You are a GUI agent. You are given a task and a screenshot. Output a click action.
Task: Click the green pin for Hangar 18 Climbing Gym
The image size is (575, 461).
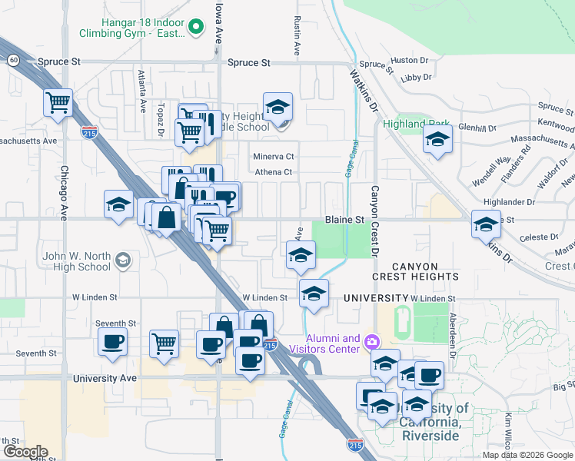(x=195, y=28)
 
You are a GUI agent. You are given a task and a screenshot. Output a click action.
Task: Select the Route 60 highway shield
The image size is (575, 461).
(x=14, y=59)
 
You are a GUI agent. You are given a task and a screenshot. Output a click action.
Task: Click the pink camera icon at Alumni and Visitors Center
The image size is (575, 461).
(x=372, y=341)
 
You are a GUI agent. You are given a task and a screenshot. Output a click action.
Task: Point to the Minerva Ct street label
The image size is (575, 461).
(x=274, y=157)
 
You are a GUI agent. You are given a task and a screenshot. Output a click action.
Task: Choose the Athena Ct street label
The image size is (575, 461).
(x=274, y=172)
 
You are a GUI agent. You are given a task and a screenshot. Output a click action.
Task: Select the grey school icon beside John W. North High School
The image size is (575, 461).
(x=121, y=260)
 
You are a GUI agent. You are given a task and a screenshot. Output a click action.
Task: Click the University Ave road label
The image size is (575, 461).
(x=105, y=379)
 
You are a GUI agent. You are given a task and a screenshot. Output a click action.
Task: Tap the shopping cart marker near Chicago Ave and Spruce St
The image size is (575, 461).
(x=58, y=102)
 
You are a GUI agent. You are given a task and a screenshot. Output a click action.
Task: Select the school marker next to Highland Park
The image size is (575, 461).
(x=437, y=139)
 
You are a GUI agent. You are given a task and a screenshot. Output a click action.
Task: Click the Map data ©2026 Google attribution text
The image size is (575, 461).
(x=527, y=455)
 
